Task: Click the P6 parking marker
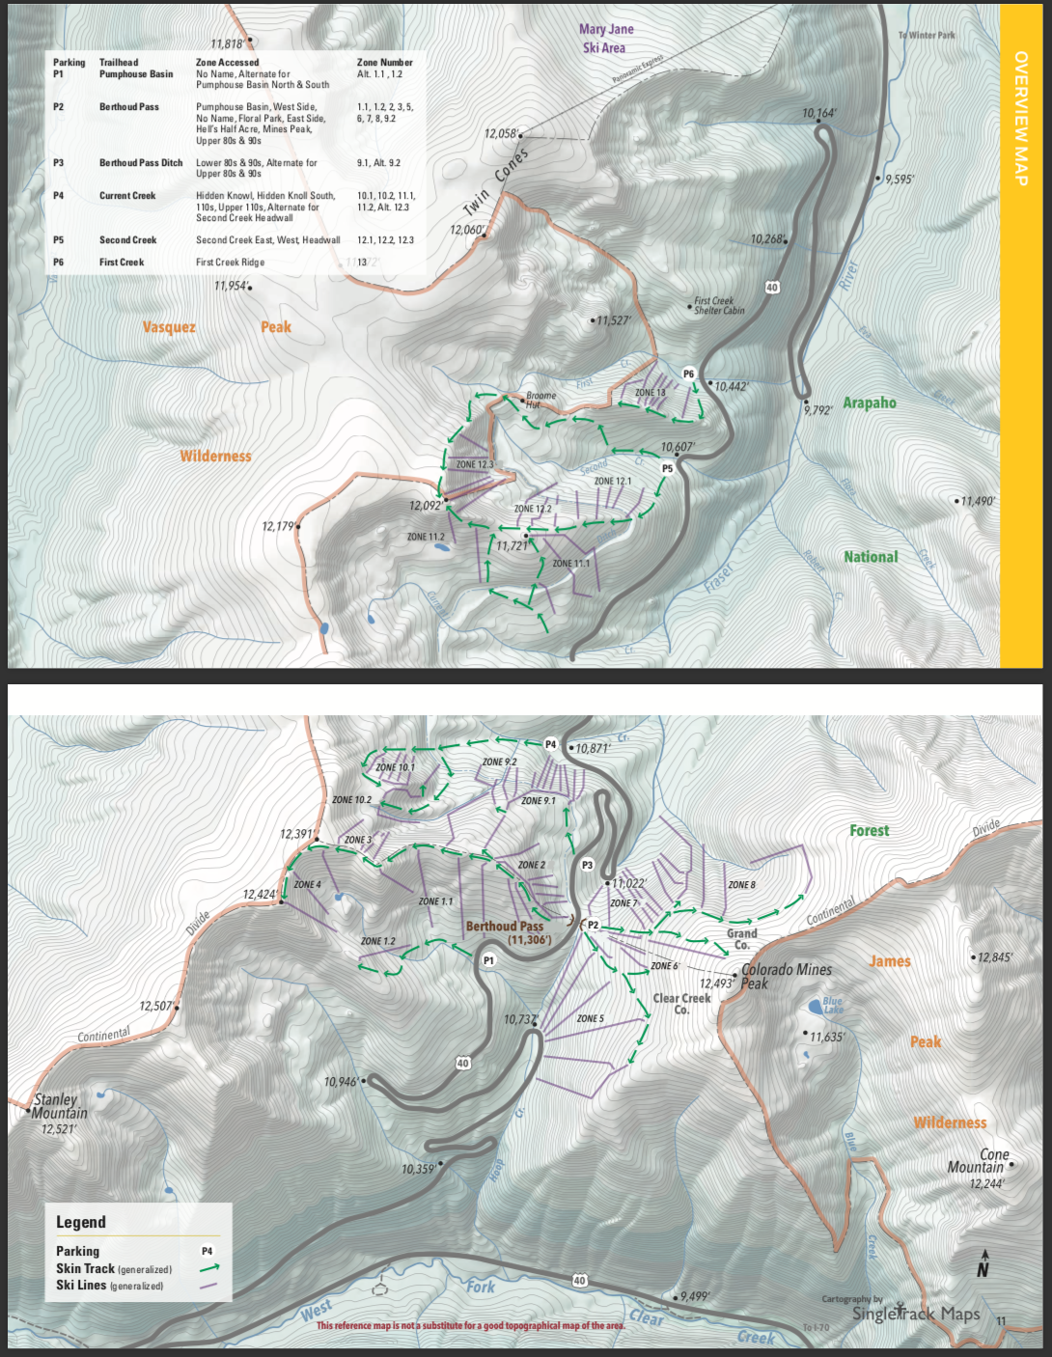[x=688, y=374]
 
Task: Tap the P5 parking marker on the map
[x=667, y=469]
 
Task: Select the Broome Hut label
[x=540, y=400]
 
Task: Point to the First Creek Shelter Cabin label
[x=719, y=306]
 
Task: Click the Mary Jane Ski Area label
[x=606, y=39]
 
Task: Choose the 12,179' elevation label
[x=279, y=526]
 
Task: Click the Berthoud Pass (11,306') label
[x=507, y=932]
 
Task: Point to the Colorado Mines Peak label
[x=784, y=976]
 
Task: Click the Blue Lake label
[x=832, y=1005]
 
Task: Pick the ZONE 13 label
[x=650, y=393]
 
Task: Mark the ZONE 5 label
[x=590, y=1018]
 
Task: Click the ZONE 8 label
[x=741, y=884]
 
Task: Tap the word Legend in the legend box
[x=81, y=1222]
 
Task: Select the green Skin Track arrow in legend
[x=209, y=1268]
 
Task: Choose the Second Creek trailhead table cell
[x=127, y=240]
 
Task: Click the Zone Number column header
[x=384, y=63]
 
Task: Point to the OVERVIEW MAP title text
[x=1020, y=118]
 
